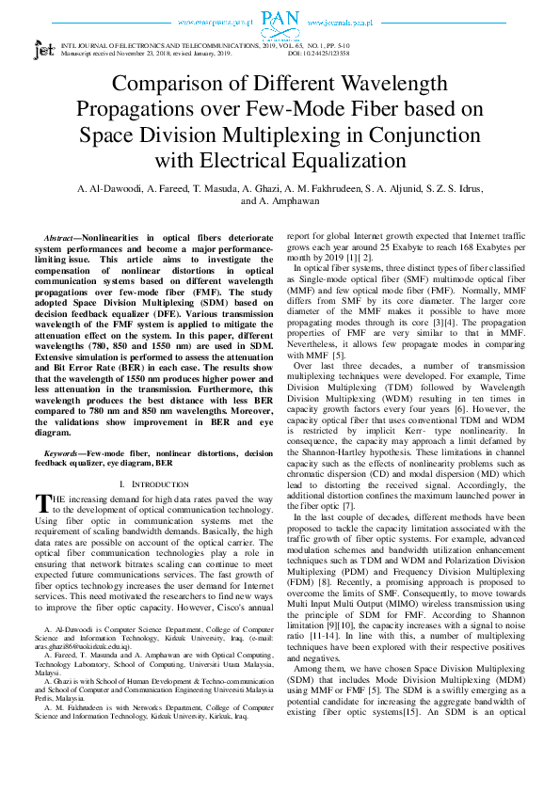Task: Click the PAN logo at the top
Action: click(280, 18)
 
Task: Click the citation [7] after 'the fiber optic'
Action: click(367, 504)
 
